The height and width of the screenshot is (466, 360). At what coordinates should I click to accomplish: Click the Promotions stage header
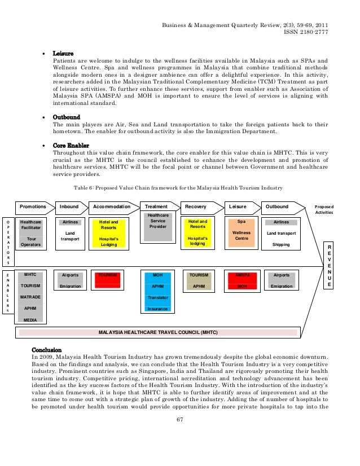[x=33, y=207]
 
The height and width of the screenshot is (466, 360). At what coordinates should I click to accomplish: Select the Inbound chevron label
[x=70, y=207]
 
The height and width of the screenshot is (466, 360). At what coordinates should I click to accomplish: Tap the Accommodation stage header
[x=111, y=207]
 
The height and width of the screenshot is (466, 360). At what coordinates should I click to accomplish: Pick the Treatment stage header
[x=156, y=207]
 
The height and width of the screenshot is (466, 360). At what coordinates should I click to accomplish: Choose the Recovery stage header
[x=196, y=207]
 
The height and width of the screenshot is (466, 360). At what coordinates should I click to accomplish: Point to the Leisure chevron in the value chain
[x=239, y=207]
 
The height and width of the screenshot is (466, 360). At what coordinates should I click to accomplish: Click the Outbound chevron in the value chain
[x=277, y=207]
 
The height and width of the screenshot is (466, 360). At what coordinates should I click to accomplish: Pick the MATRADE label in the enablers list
[x=30, y=297]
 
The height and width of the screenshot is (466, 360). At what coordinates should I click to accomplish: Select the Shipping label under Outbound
[x=281, y=244]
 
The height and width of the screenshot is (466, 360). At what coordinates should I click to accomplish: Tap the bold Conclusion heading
[x=47, y=349]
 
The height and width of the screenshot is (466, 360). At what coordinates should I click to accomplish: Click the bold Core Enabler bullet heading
[x=71, y=146]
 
